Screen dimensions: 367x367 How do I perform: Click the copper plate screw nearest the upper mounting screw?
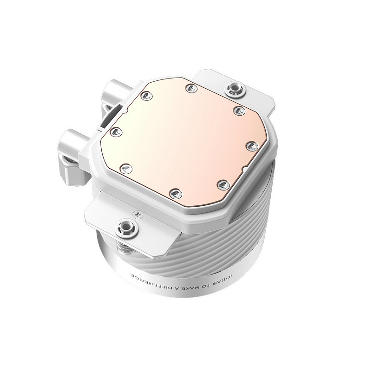(237, 110)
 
